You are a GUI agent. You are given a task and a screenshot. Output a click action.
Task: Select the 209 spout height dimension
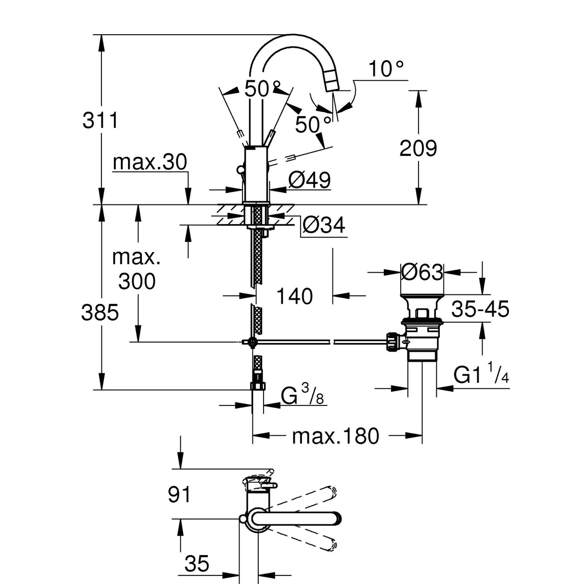point(418,149)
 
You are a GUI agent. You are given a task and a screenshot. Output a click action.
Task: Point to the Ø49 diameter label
point(309,180)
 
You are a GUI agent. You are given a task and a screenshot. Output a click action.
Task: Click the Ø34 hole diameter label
point(325,225)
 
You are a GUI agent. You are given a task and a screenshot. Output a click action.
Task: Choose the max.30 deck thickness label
point(150,163)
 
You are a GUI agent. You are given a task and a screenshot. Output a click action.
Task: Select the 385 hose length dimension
point(100,313)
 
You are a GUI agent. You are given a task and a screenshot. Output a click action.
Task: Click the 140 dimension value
point(294,296)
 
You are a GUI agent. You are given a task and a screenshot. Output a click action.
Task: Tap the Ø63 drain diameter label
point(422,272)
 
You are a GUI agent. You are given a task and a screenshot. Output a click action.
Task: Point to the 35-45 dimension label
point(480,309)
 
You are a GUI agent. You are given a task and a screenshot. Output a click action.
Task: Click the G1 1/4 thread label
point(481,376)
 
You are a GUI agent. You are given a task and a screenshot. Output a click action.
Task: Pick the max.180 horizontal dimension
point(336,436)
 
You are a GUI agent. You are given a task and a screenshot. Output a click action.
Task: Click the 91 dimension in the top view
point(180,494)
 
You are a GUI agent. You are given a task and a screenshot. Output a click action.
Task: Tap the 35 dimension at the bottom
point(196,562)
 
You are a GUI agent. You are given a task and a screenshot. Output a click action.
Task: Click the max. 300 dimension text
point(137,269)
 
